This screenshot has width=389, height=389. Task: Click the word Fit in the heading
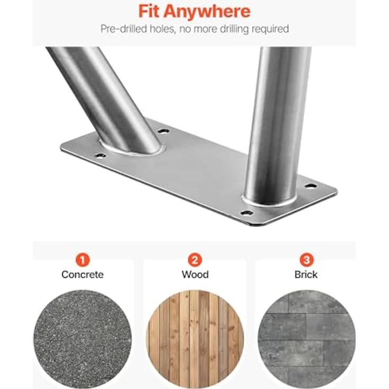149,11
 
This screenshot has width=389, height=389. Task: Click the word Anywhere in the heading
207,11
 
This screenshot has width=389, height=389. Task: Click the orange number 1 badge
82,260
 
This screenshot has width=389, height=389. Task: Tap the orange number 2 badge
195,260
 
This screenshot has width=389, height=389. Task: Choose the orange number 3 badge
307,260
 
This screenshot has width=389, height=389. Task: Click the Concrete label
82,274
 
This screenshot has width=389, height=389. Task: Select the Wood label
195,274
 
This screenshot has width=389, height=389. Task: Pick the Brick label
306,274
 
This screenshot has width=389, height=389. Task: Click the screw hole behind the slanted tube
163,131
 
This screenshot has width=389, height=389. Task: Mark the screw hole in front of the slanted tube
100,156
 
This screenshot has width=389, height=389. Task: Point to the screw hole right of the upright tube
311,186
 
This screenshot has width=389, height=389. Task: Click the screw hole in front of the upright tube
247,213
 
